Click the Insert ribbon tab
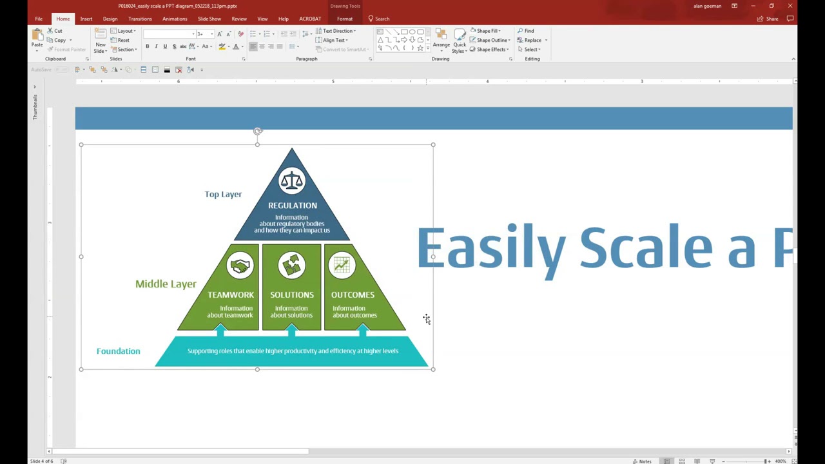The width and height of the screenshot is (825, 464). click(x=86, y=19)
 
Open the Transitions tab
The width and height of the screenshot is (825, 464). click(x=140, y=19)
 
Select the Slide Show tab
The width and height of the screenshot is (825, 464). click(x=209, y=19)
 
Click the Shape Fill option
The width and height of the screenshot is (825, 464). click(x=487, y=31)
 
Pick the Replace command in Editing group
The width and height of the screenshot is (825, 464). click(x=532, y=40)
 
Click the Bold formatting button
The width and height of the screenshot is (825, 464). click(x=147, y=46)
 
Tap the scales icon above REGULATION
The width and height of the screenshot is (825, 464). click(x=291, y=181)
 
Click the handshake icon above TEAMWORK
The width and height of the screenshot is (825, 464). click(x=240, y=266)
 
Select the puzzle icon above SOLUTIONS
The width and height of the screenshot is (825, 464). click(x=292, y=266)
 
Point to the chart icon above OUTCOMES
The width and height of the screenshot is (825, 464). click(x=342, y=266)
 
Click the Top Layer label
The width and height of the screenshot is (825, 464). click(x=223, y=194)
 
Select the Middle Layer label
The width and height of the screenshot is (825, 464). click(x=166, y=284)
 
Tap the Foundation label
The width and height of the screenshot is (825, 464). click(x=118, y=351)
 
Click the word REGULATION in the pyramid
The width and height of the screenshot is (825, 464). click(x=293, y=206)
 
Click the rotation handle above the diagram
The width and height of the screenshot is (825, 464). click(x=258, y=131)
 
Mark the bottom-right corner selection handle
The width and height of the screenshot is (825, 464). click(x=433, y=369)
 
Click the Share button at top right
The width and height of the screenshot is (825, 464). click(x=768, y=19)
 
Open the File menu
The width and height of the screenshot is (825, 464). click(x=39, y=19)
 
